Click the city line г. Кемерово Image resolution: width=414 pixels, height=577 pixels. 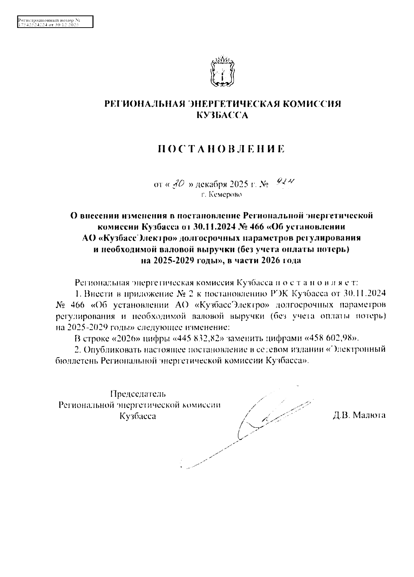click(x=222, y=195)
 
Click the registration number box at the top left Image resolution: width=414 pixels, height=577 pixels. click(x=55, y=22)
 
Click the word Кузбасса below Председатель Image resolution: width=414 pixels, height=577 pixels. click(x=137, y=416)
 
